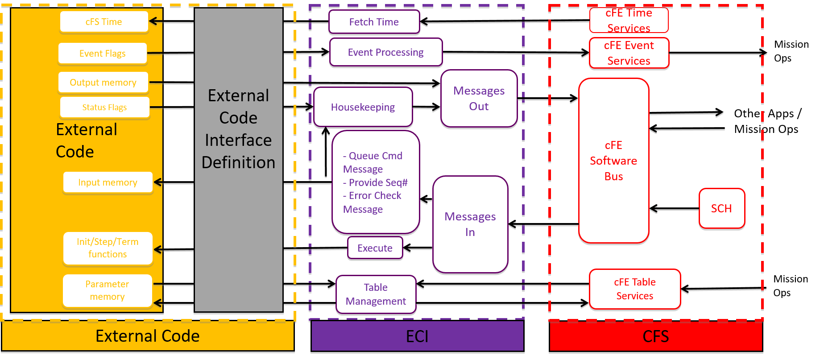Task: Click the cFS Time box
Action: click(104, 22)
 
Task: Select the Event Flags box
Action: click(103, 54)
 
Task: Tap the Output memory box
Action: click(103, 83)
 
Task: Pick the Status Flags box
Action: click(104, 108)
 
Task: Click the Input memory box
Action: click(108, 182)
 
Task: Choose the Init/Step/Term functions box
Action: click(108, 248)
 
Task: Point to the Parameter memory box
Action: click(108, 290)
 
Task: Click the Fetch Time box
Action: click(374, 22)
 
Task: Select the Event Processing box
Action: click(385, 52)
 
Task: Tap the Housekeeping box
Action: click(363, 107)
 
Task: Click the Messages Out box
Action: click(479, 99)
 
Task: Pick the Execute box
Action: click(375, 248)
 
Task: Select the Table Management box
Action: click(376, 294)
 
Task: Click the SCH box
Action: click(721, 208)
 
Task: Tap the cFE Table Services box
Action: click(634, 289)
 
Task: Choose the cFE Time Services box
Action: click(629, 21)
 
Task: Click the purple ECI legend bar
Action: click(417, 336)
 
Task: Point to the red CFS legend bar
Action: click(655, 336)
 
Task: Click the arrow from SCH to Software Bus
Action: click(674, 208)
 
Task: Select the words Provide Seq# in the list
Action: click(378, 182)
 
